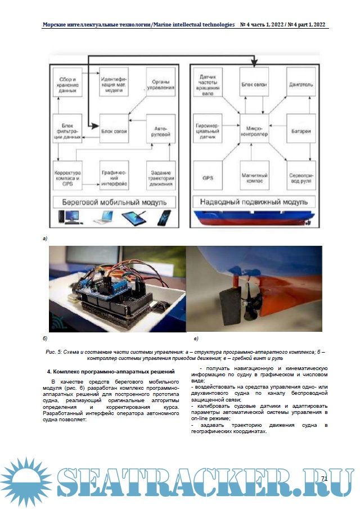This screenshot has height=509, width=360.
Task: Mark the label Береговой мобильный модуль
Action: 115,202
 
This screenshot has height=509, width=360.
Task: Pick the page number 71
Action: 324,479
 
